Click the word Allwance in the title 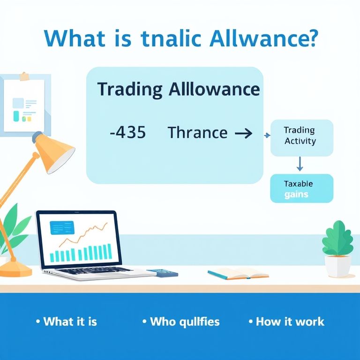tap(263, 38)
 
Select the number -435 tap(128, 133)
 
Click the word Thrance tap(198, 133)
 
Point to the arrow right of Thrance tap(244, 133)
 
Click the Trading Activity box tap(302, 138)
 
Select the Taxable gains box tap(302, 188)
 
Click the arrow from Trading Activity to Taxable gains tap(300, 164)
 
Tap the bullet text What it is tap(67, 322)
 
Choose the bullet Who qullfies tap(181, 322)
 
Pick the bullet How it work tap(286, 322)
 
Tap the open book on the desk tap(238, 273)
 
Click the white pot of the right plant tap(337, 266)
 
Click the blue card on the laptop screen tap(62, 228)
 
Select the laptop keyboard tap(92, 271)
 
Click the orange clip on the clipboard tap(24, 76)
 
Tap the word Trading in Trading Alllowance tap(130, 90)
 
